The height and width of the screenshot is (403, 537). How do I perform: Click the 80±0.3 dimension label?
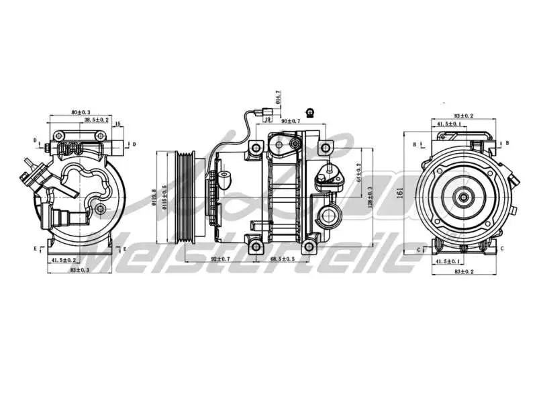pyautogui.click(x=81, y=112)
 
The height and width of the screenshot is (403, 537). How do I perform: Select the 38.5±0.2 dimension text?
pyautogui.click(x=97, y=119)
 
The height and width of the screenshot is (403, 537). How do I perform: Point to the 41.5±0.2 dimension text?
pyautogui.click(x=64, y=259)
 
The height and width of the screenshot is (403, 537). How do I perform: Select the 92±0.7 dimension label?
pyautogui.click(x=221, y=259)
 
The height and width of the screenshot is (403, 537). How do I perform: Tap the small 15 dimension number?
pyautogui.click(x=117, y=124)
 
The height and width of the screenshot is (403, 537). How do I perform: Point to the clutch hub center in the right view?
pyautogui.click(x=462, y=197)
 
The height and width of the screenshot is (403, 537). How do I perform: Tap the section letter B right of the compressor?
pyautogui.click(x=507, y=143)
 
